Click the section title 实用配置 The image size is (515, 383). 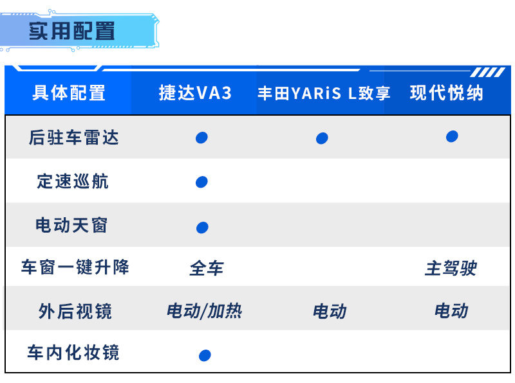click(72, 31)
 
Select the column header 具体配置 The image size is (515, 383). click(69, 93)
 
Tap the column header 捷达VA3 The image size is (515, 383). click(195, 93)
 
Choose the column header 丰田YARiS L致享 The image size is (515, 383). click(324, 93)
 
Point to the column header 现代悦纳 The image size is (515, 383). click(446, 93)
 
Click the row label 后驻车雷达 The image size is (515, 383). click(73, 138)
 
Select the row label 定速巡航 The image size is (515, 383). click(73, 181)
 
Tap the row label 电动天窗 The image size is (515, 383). click(71, 226)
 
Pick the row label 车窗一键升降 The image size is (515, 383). click(75, 267)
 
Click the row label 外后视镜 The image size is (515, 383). click(75, 311)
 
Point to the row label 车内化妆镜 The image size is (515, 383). click(73, 353)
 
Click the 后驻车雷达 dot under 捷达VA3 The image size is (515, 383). click(201, 138)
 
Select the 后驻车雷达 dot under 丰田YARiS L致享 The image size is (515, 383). click(322, 138)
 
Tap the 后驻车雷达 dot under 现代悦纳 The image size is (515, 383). click(452, 136)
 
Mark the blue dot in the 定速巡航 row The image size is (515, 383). click(201, 182)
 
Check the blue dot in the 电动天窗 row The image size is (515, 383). click(202, 227)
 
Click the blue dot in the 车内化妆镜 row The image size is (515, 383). click(205, 355)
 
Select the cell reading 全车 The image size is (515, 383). click(207, 268)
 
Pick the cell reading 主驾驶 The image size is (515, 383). click(451, 268)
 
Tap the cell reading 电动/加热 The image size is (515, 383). click(204, 311)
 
